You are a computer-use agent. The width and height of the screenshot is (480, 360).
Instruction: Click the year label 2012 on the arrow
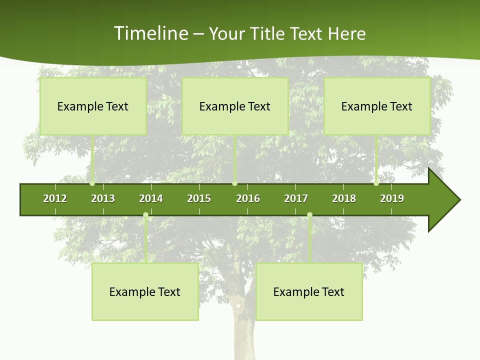(55, 198)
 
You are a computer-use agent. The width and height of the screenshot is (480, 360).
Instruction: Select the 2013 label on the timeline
(103, 198)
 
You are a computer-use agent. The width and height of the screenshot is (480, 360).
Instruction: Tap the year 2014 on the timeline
(151, 198)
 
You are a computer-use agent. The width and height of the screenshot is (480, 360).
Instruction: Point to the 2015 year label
(199, 198)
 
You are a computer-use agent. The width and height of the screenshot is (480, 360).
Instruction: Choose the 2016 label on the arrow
(248, 198)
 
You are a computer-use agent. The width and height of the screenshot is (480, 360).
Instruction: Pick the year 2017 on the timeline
(296, 198)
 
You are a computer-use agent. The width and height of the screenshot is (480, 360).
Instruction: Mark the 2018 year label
(344, 198)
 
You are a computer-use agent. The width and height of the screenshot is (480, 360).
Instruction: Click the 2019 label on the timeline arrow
(392, 198)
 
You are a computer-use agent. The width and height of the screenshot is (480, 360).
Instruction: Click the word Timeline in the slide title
(150, 33)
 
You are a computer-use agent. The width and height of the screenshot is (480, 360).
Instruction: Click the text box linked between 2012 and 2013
(93, 106)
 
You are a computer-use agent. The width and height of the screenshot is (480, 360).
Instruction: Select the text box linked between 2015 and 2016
(235, 106)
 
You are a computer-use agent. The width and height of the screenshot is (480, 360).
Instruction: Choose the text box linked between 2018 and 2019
(377, 106)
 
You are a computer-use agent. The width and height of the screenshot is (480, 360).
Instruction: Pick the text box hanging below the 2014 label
(145, 292)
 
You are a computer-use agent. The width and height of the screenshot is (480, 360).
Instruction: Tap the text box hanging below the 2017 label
(309, 292)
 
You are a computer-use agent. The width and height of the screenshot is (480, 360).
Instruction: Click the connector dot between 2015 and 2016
(234, 183)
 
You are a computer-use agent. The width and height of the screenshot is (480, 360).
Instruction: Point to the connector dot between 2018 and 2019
(376, 183)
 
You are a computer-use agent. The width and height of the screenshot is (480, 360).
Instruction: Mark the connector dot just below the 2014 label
(145, 215)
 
